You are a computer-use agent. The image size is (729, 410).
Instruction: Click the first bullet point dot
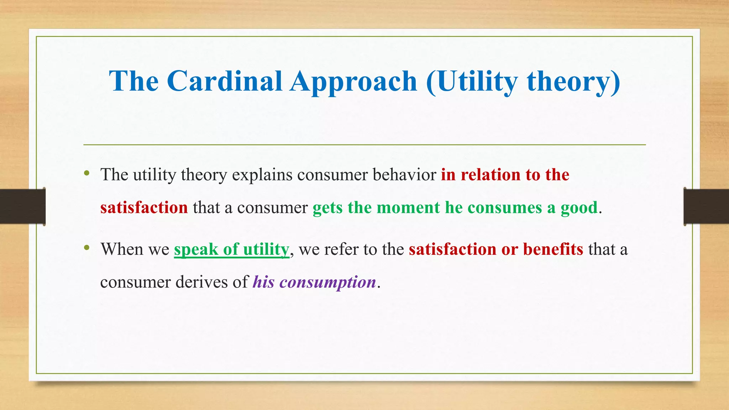tap(86, 174)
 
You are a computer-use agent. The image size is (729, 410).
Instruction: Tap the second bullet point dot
tap(86, 248)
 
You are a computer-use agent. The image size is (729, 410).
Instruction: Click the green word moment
tap(408, 207)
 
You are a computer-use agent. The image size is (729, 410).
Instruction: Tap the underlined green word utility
tap(266, 249)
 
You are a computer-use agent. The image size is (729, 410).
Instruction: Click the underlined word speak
tap(196, 249)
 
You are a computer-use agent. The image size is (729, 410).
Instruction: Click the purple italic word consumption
tap(328, 283)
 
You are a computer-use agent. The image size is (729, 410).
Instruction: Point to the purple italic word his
tap(264, 282)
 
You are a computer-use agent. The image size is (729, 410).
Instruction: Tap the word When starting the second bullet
tap(122, 249)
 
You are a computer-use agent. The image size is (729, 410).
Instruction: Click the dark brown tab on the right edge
tap(706, 206)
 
